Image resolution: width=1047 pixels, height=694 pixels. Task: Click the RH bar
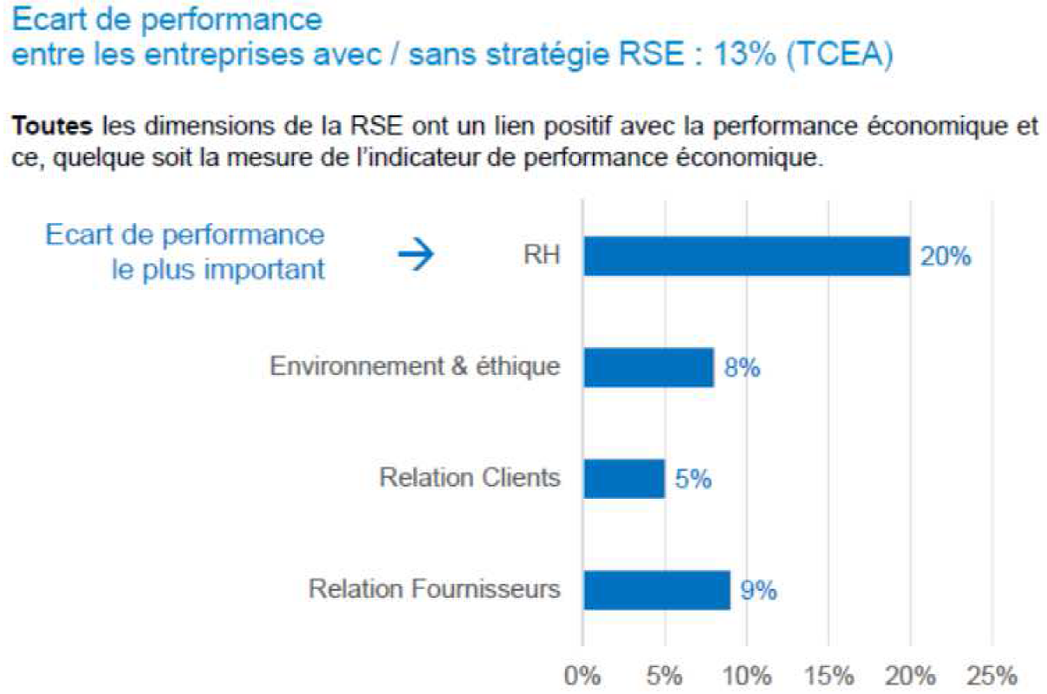[746, 256]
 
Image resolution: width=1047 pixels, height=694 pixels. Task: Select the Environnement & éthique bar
[648, 367]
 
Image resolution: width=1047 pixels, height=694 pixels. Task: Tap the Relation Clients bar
[623, 478]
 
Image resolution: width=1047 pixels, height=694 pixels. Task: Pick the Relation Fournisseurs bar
[656, 590]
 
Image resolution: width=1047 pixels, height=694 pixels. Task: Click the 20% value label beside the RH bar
[946, 257]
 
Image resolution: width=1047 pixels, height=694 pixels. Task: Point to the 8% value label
[742, 368]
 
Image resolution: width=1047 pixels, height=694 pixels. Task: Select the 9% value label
[758, 591]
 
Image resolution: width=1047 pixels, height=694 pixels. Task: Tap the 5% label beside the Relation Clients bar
[693, 479]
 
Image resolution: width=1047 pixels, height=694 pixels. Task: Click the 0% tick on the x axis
[582, 675]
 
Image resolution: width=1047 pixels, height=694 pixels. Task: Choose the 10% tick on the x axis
[746, 675]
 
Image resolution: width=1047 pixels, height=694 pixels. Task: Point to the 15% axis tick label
[829, 675]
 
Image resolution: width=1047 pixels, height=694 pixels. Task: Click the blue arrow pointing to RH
[415, 256]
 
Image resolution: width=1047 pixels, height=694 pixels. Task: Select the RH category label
[542, 256]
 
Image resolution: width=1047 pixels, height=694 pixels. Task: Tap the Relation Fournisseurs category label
[434, 590]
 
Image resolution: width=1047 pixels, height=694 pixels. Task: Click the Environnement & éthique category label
[415, 367]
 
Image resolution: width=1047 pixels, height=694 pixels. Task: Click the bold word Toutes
[51, 128]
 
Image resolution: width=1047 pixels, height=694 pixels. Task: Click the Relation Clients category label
[470, 478]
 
